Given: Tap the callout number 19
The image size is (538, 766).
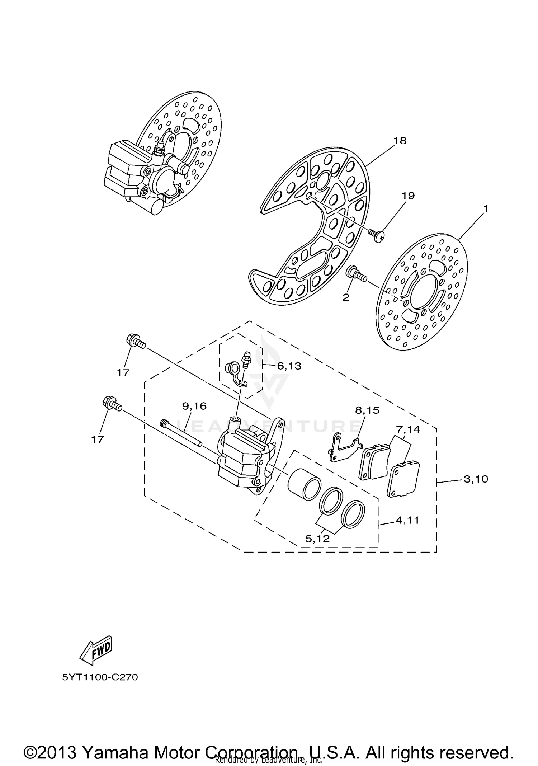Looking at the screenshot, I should pos(408,196).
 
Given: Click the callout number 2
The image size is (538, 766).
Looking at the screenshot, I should pos(346,297).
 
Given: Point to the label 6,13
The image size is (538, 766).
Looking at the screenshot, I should pos(289,366).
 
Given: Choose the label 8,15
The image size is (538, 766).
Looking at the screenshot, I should pos(367,410).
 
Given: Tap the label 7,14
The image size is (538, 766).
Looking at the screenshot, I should pos(408,429).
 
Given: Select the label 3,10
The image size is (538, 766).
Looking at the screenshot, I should pos(476,479).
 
